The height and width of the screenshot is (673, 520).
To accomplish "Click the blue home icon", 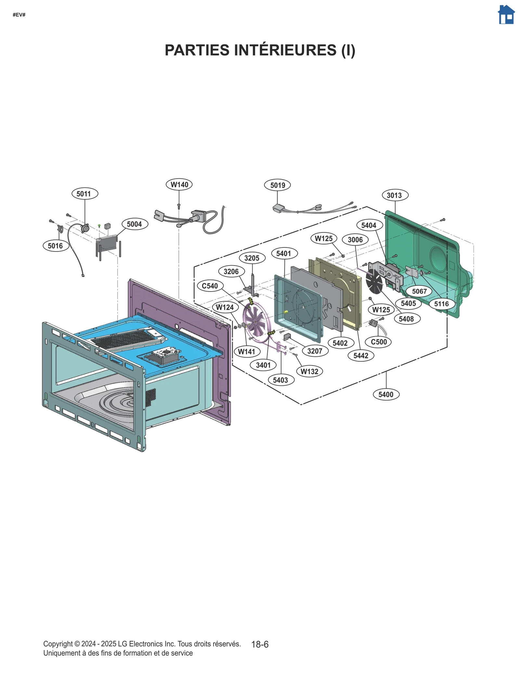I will pos(506,15).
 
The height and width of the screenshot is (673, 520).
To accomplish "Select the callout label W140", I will pos(179,185).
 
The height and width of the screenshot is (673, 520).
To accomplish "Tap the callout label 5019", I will pos(277,185).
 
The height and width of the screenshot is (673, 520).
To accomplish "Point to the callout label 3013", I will pos(395,195).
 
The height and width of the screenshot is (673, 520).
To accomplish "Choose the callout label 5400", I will pos(386,395).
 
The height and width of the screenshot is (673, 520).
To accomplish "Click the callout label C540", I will pos(210,286).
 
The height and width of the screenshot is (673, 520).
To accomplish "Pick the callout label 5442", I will pos(361,356).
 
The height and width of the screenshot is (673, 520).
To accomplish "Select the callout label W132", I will pos(309,371).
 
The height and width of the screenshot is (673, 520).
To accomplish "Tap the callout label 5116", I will pos(441,304).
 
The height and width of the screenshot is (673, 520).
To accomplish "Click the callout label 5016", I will pos(56,246).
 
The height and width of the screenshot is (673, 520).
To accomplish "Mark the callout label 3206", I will pos(231,271).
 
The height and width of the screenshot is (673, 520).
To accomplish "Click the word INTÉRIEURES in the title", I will pos(283,50).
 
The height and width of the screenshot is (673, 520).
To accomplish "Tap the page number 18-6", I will pos(260,644).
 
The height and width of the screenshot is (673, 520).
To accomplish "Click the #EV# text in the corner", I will pos(19,15).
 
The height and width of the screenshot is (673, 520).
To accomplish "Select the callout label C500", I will pos(379,342).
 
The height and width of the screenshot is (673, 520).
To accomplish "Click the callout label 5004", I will pos(135,224).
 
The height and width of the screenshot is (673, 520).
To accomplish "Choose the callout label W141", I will pos(247,352).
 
